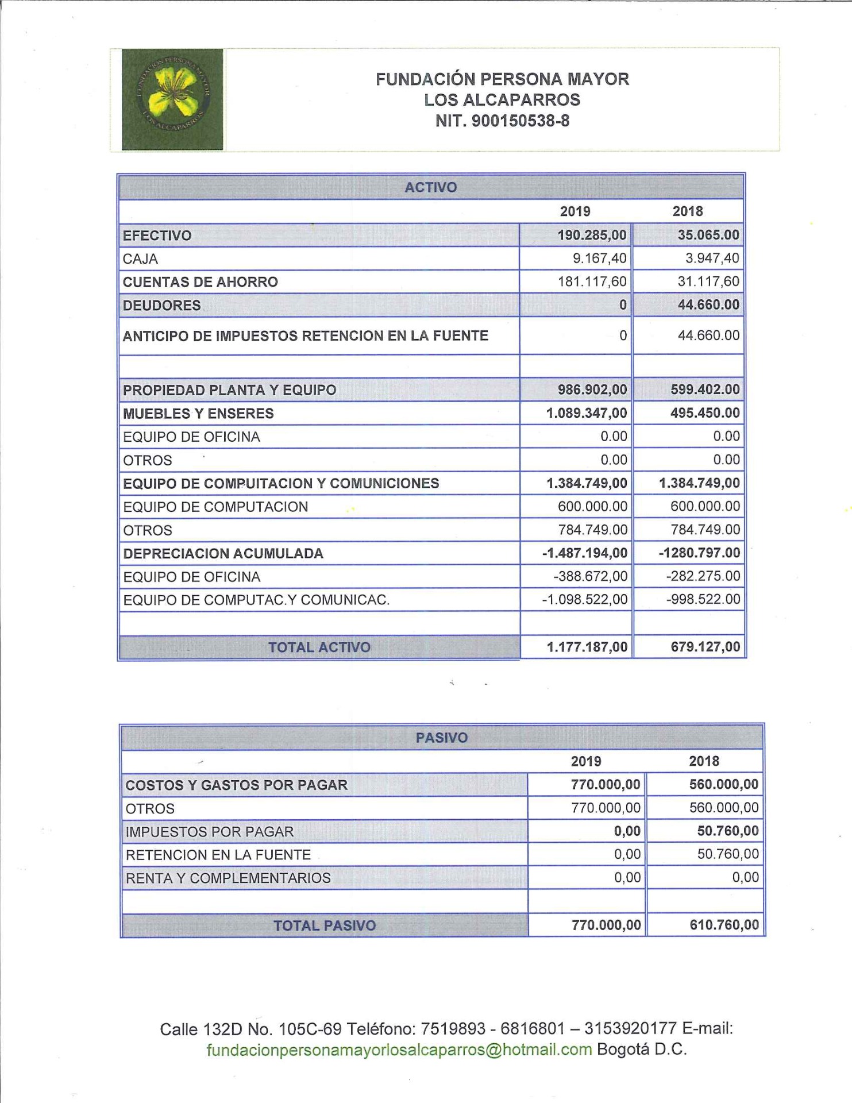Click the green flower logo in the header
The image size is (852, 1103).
[172, 99]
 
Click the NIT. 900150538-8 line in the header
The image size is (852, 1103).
[502, 121]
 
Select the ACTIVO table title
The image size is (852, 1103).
[431, 187]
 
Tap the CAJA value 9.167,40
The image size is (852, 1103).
[599, 259]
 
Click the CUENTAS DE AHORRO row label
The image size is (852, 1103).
[201, 282]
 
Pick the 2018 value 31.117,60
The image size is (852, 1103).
[708, 281]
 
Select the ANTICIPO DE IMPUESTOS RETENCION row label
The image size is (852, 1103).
[306, 336]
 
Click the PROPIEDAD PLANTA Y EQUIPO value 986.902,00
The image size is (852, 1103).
[592, 390]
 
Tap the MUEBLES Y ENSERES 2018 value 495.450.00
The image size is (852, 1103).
[705, 413]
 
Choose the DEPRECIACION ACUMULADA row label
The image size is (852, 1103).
[223, 554]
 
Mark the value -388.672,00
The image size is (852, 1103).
[591, 577]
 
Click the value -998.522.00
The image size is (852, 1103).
[703, 600]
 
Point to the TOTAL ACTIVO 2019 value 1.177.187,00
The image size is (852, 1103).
[587, 647]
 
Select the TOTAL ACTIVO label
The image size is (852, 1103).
[319, 647]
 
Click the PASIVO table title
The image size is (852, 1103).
[442, 738]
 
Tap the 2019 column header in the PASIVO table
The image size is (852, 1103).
[586, 761]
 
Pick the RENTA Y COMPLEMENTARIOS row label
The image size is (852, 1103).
[228, 878]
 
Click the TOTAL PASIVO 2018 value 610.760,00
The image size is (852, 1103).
[724, 925]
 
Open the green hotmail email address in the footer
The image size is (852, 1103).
[399, 1050]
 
